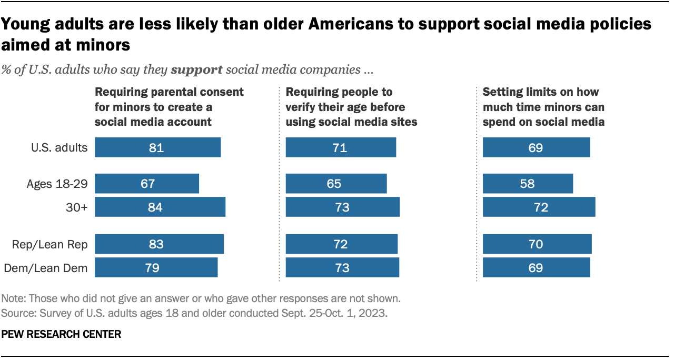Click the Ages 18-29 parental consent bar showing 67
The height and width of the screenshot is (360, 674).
click(x=147, y=184)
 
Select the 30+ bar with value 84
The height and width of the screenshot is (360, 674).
click(x=160, y=207)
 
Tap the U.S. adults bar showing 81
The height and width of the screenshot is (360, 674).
click(x=157, y=147)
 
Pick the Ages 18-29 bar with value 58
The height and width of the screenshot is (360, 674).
click(x=528, y=184)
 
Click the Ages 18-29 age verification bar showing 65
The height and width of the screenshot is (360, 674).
click(x=336, y=184)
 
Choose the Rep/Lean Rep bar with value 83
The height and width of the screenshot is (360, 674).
click(x=159, y=244)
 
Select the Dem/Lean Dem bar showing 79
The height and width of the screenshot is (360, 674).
click(x=156, y=267)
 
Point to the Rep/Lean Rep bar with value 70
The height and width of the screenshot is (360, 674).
click(x=537, y=244)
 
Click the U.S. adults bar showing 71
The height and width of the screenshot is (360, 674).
click(x=341, y=147)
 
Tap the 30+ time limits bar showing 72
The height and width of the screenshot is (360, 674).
click(x=539, y=207)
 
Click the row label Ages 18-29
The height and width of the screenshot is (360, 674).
click(x=57, y=184)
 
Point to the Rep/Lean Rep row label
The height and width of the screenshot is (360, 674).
click(x=49, y=244)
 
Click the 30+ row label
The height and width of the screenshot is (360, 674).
click(x=77, y=207)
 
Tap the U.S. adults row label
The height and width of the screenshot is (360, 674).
click(x=58, y=147)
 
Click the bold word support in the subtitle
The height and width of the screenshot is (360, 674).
click(x=197, y=69)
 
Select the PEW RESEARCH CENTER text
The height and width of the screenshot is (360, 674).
click(x=62, y=334)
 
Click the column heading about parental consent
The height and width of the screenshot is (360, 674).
click(x=168, y=106)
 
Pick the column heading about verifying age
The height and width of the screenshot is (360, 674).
click(x=351, y=106)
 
